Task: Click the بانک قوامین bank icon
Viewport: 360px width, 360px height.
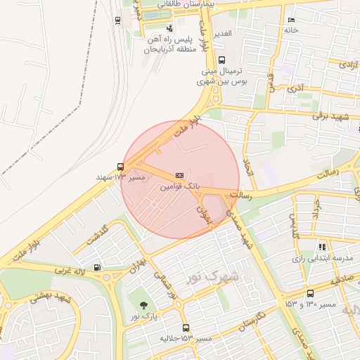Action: [180, 174]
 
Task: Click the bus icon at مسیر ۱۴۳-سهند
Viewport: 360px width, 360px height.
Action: [121, 167]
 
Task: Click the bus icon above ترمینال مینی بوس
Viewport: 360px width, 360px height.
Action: [221, 60]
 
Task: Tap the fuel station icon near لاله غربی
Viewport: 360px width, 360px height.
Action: [96, 267]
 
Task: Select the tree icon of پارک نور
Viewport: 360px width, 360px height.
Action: [144, 305]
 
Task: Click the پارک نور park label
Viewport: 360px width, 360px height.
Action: [143, 318]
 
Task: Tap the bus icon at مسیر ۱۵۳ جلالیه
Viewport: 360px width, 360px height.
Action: [186, 328]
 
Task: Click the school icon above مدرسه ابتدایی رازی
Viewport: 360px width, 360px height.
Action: [322, 247]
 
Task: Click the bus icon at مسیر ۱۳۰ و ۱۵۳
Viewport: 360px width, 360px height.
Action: [310, 294]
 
